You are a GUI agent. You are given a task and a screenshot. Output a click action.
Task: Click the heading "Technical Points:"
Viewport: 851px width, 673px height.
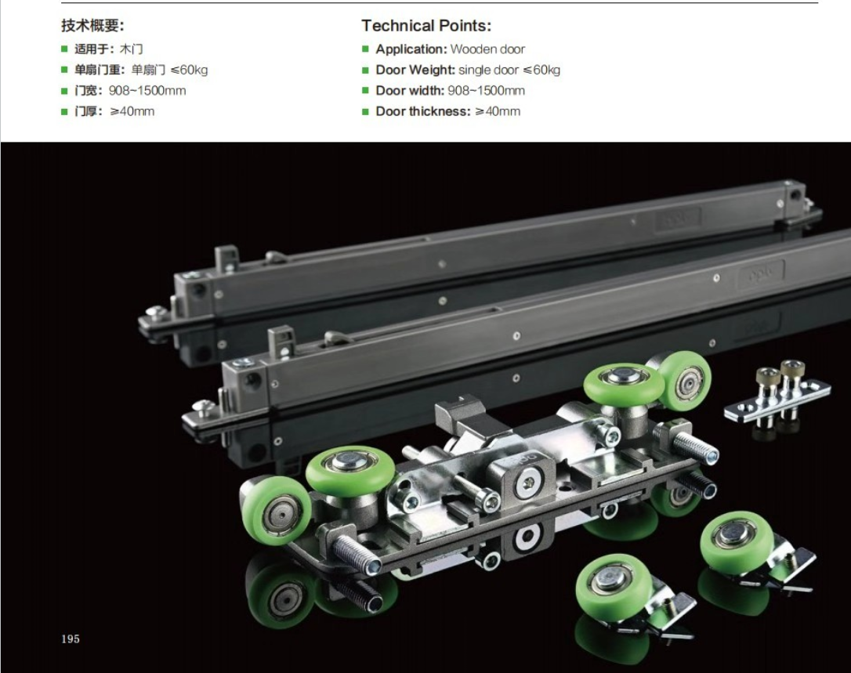click(x=426, y=26)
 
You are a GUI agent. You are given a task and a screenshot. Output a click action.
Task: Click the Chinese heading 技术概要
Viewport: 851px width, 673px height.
click(x=92, y=26)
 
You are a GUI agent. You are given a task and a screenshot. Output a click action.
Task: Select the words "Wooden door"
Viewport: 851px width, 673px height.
click(x=488, y=49)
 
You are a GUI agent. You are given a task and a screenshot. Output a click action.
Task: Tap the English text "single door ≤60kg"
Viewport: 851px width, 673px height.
click(x=509, y=70)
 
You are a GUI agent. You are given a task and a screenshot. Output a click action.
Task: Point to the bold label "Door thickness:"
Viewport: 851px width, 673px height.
click(x=423, y=111)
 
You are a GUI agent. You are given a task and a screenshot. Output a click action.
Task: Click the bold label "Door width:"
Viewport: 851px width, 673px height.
click(x=410, y=91)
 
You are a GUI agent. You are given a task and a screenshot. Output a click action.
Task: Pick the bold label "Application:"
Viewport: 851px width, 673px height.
click(x=411, y=49)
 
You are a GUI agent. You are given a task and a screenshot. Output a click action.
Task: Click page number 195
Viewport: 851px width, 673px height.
click(x=71, y=639)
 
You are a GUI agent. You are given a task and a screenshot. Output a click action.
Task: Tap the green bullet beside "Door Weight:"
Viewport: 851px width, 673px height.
click(x=365, y=70)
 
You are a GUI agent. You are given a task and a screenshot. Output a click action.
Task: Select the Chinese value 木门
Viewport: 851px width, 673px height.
click(x=132, y=49)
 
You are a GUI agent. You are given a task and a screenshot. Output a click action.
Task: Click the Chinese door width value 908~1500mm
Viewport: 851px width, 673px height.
click(x=147, y=91)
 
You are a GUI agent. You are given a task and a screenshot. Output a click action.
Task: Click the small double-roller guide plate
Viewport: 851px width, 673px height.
click(x=777, y=394)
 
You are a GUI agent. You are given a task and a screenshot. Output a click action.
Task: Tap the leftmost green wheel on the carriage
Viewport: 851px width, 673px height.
click(x=276, y=509)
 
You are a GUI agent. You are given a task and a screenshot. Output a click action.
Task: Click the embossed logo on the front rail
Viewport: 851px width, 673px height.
click(x=762, y=273)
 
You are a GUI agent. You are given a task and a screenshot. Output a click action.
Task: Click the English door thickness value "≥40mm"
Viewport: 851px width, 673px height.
click(x=498, y=111)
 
